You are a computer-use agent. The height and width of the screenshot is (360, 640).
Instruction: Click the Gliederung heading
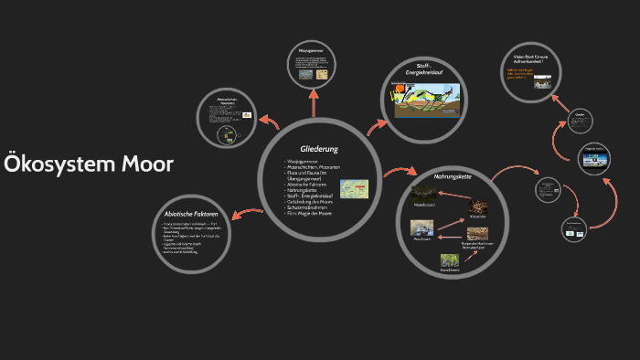[319, 148]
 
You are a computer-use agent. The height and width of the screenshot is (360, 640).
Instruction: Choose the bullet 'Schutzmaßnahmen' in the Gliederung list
[308, 208]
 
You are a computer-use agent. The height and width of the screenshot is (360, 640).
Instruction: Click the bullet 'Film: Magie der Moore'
[312, 214]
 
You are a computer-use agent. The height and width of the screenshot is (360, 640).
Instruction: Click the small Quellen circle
[578, 119]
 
